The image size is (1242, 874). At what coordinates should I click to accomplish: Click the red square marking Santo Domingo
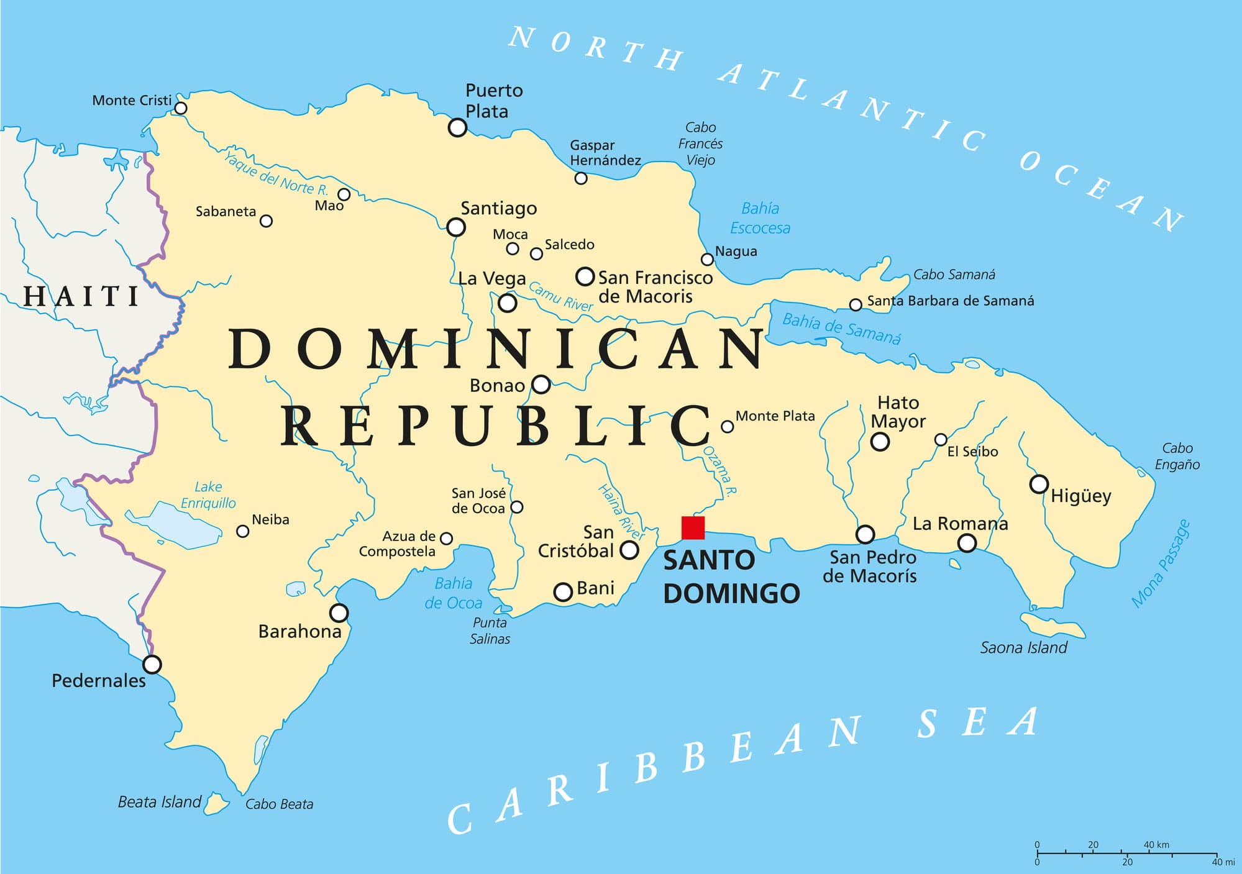pyautogui.click(x=693, y=527)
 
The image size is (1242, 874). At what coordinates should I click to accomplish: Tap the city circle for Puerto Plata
pyautogui.click(x=457, y=128)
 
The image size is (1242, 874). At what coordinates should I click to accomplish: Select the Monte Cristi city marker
pyautogui.click(x=181, y=109)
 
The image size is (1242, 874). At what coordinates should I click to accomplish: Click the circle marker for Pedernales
pyautogui.click(x=152, y=665)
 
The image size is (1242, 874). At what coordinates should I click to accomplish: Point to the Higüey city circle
pyautogui.click(x=1039, y=484)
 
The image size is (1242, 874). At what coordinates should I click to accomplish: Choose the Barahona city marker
pyautogui.click(x=339, y=613)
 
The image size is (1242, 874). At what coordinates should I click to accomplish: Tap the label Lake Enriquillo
pyautogui.click(x=208, y=495)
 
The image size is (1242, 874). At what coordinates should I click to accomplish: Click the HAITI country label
pyautogui.click(x=81, y=296)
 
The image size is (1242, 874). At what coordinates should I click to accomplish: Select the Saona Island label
pyautogui.click(x=1023, y=648)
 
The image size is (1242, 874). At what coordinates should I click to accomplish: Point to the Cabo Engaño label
pyautogui.click(x=1177, y=456)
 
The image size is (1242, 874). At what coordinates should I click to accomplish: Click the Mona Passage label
pyautogui.click(x=1160, y=563)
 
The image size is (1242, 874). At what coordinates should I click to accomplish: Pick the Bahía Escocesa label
pyautogui.click(x=760, y=218)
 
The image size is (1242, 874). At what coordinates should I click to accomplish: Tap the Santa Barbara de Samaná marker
pyautogui.click(x=856, y=304)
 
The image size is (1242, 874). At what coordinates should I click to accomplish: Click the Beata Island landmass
pyautogui.click(x=216, y=803)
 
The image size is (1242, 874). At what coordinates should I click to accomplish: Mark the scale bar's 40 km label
pyautogui.click(x=1156, y=845)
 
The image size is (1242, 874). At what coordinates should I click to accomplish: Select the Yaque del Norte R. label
pyautogui.click(x=276, y=173)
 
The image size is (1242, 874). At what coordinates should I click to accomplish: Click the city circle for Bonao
pyautogui.click(x=541, y=385)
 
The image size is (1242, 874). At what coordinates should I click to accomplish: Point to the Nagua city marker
pyautogui.click(x=707, y=259)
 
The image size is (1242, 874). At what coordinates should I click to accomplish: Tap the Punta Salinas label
pyautogui.click(x=490, y=630)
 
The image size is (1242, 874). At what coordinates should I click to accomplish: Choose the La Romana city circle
pyautogui.click(x=967, y=544)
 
